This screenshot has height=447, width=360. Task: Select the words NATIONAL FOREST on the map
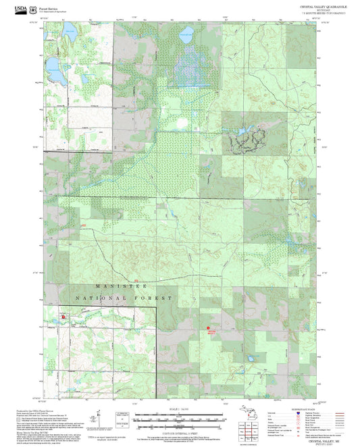[124, 298]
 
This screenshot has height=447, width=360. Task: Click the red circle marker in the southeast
[208, 328]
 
